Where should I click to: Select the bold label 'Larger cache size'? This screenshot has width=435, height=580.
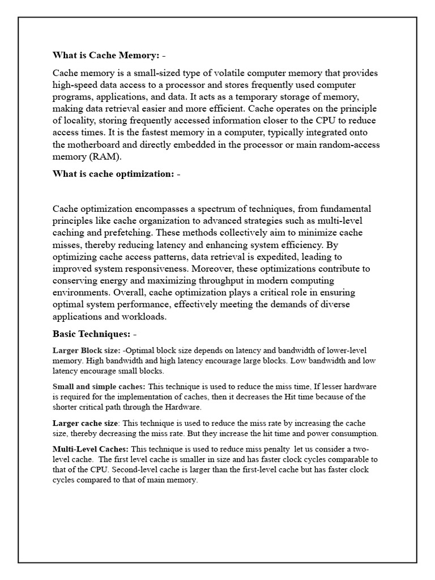[x=86, y=423]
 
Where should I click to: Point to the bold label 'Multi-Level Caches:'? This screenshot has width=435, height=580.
[x=91, y=449]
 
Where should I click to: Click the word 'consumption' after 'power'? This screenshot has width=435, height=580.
[x=352, y=433]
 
